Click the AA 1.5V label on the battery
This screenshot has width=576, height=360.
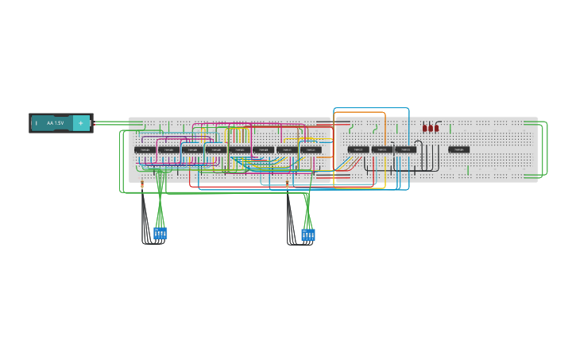(x=55, y=123)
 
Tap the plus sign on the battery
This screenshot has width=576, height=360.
(x=80, y=123)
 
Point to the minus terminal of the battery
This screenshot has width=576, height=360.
(x=37, y=123)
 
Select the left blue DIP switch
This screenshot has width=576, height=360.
(x=160, y=233)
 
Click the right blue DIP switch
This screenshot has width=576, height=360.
(x=308, y=234)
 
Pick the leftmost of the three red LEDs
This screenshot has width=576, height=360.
(x=425, y=127)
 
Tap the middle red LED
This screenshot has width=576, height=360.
(x=431, y=127)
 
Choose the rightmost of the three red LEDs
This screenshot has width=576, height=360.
(x=436, y=127)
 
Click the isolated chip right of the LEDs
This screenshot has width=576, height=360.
(x=458, y=149)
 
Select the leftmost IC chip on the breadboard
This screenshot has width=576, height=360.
(x=145, y=149)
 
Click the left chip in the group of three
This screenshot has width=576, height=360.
(x=358, y=149)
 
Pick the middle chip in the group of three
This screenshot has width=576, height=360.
(x=381, y=149)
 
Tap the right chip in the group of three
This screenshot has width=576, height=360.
(x=405, y=149)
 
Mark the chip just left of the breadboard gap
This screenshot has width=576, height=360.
(x=311, y=149)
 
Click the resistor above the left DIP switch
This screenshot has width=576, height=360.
(x=142, y=184)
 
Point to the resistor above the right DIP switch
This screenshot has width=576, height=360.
(x=288, y=184)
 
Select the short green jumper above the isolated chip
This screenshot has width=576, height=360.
(x=450, y=128)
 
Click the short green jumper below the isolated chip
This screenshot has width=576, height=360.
(x=468, y=170)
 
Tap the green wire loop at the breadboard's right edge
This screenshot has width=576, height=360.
(x=546, y=149)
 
